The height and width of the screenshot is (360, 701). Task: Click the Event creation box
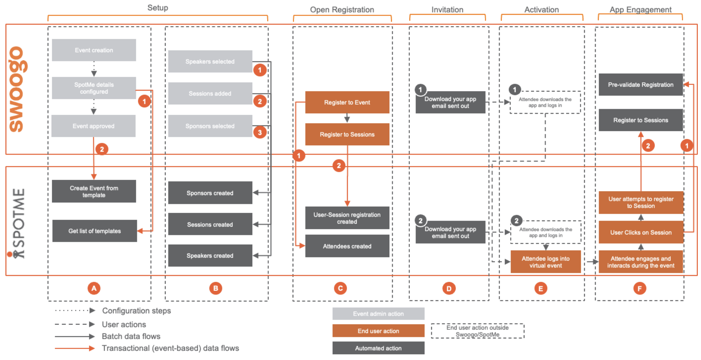(94, 50)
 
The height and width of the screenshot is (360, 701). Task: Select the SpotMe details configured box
(94, 88)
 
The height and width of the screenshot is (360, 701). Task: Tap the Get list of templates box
(94, 231)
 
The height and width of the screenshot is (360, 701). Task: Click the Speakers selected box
(210, 61)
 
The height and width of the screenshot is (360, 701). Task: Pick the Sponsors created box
(210, 193)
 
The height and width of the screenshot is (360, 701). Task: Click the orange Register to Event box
(347, 102)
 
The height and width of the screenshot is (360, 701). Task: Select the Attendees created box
(347, 246)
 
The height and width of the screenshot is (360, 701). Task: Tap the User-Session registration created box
(347, 218)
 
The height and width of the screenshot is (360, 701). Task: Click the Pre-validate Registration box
(640, 85)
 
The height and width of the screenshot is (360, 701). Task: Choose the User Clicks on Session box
(640, 232)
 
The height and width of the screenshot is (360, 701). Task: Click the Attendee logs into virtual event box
(545, 262)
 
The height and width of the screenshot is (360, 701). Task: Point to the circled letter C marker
(340, 288)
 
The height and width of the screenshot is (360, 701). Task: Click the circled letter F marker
(640, 288)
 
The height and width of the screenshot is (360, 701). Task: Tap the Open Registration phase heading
(342, 10)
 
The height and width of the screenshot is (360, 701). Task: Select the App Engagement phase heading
(640, 10)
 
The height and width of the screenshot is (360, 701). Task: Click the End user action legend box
(378, 331)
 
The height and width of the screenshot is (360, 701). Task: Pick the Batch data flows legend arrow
(75, 337)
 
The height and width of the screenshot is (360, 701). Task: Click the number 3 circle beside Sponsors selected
(260, 132)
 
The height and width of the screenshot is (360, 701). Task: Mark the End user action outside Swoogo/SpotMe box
(477, 331)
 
